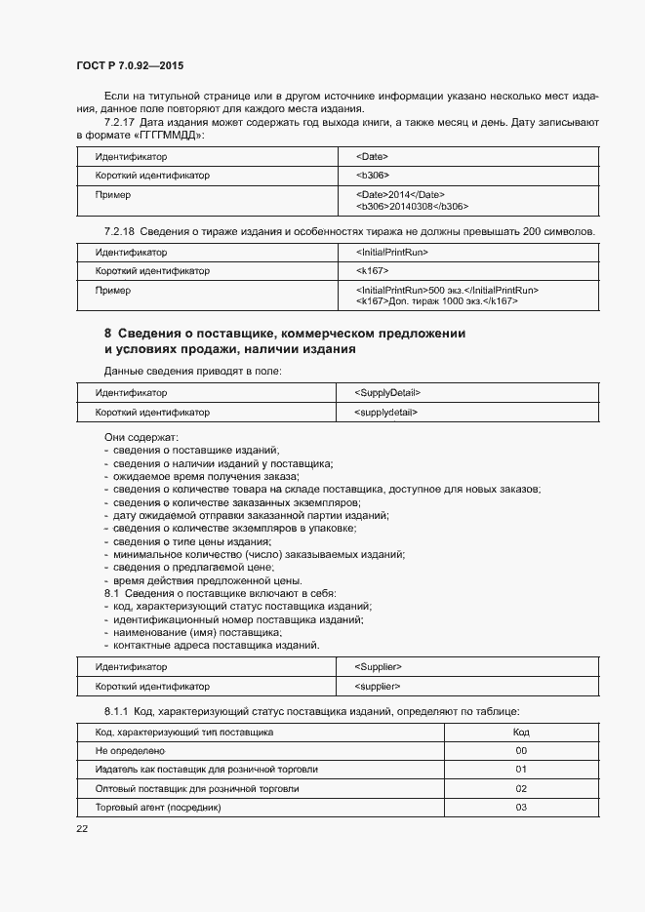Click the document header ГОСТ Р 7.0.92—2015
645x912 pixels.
point(130,65)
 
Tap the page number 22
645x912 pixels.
point(82,828)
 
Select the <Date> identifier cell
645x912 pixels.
point(374,156)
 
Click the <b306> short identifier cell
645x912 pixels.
point(374,176)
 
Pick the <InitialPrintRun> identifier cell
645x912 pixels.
point(393,253)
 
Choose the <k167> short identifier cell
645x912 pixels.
point(374,271)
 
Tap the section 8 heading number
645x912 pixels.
point(108,334)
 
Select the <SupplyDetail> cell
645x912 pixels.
point(389,393)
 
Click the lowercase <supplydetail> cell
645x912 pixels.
point(387,413)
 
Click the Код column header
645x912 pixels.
point(521,732)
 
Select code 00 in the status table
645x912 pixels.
point(521,751)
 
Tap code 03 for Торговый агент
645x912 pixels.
point(521,808)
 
